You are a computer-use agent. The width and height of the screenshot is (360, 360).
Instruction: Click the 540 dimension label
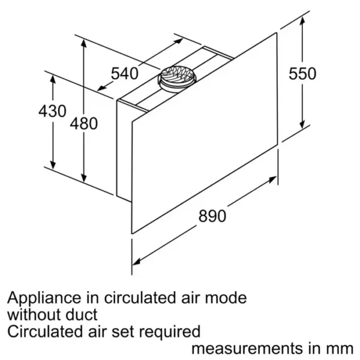125,73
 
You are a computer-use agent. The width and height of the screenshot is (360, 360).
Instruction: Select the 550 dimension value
302,73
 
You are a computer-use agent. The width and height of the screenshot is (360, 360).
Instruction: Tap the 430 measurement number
53,111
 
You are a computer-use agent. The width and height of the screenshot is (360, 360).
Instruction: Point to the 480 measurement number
84,124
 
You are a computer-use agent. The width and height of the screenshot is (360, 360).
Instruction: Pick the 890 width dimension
212,216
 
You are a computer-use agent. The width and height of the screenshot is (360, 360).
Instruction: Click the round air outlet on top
176,79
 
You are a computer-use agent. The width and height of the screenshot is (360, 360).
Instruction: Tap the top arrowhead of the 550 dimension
302,21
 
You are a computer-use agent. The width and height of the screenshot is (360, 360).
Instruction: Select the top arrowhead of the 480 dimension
84,44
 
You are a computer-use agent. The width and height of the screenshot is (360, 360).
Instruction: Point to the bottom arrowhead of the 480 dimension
84,178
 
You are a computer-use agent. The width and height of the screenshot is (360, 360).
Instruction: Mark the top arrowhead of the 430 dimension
53,79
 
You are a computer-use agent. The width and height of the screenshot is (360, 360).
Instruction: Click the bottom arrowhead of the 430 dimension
53,164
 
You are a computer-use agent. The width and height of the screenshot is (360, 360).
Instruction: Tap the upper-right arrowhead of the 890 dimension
272,179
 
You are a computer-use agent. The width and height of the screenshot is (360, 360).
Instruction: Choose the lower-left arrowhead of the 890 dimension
137,261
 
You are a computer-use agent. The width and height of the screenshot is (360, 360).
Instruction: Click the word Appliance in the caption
44,298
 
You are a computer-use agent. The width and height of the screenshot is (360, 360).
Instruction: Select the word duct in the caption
82,314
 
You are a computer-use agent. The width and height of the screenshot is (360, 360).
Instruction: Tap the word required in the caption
170,332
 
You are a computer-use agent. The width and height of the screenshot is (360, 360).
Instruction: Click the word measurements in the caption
248,349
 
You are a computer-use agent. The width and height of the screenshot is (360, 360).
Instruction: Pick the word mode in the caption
226,298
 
